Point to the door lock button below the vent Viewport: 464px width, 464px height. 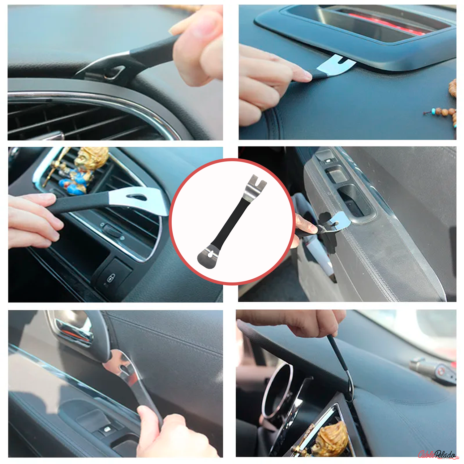(x=111, y=277)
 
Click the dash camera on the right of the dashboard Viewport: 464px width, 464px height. (x=433, y=369)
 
